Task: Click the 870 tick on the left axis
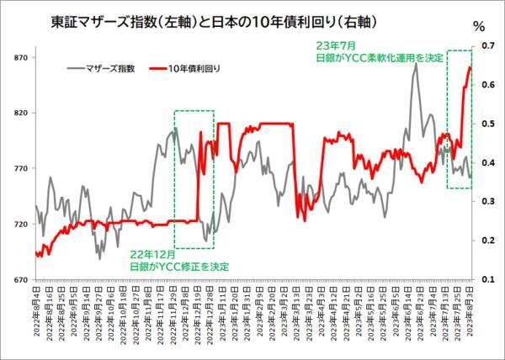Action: tap(20, 57)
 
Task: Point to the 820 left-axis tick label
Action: tap(20, 113)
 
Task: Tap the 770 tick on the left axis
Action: tap(20, 168)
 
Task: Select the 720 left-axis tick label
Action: tap(20, 224)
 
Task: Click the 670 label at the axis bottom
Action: tap(20, 279)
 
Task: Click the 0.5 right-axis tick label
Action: tap(486, 124)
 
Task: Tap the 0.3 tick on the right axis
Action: tap(486, 201)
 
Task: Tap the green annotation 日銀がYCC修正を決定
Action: tap(178, 266)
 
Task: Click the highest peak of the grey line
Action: tap(416, 65)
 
